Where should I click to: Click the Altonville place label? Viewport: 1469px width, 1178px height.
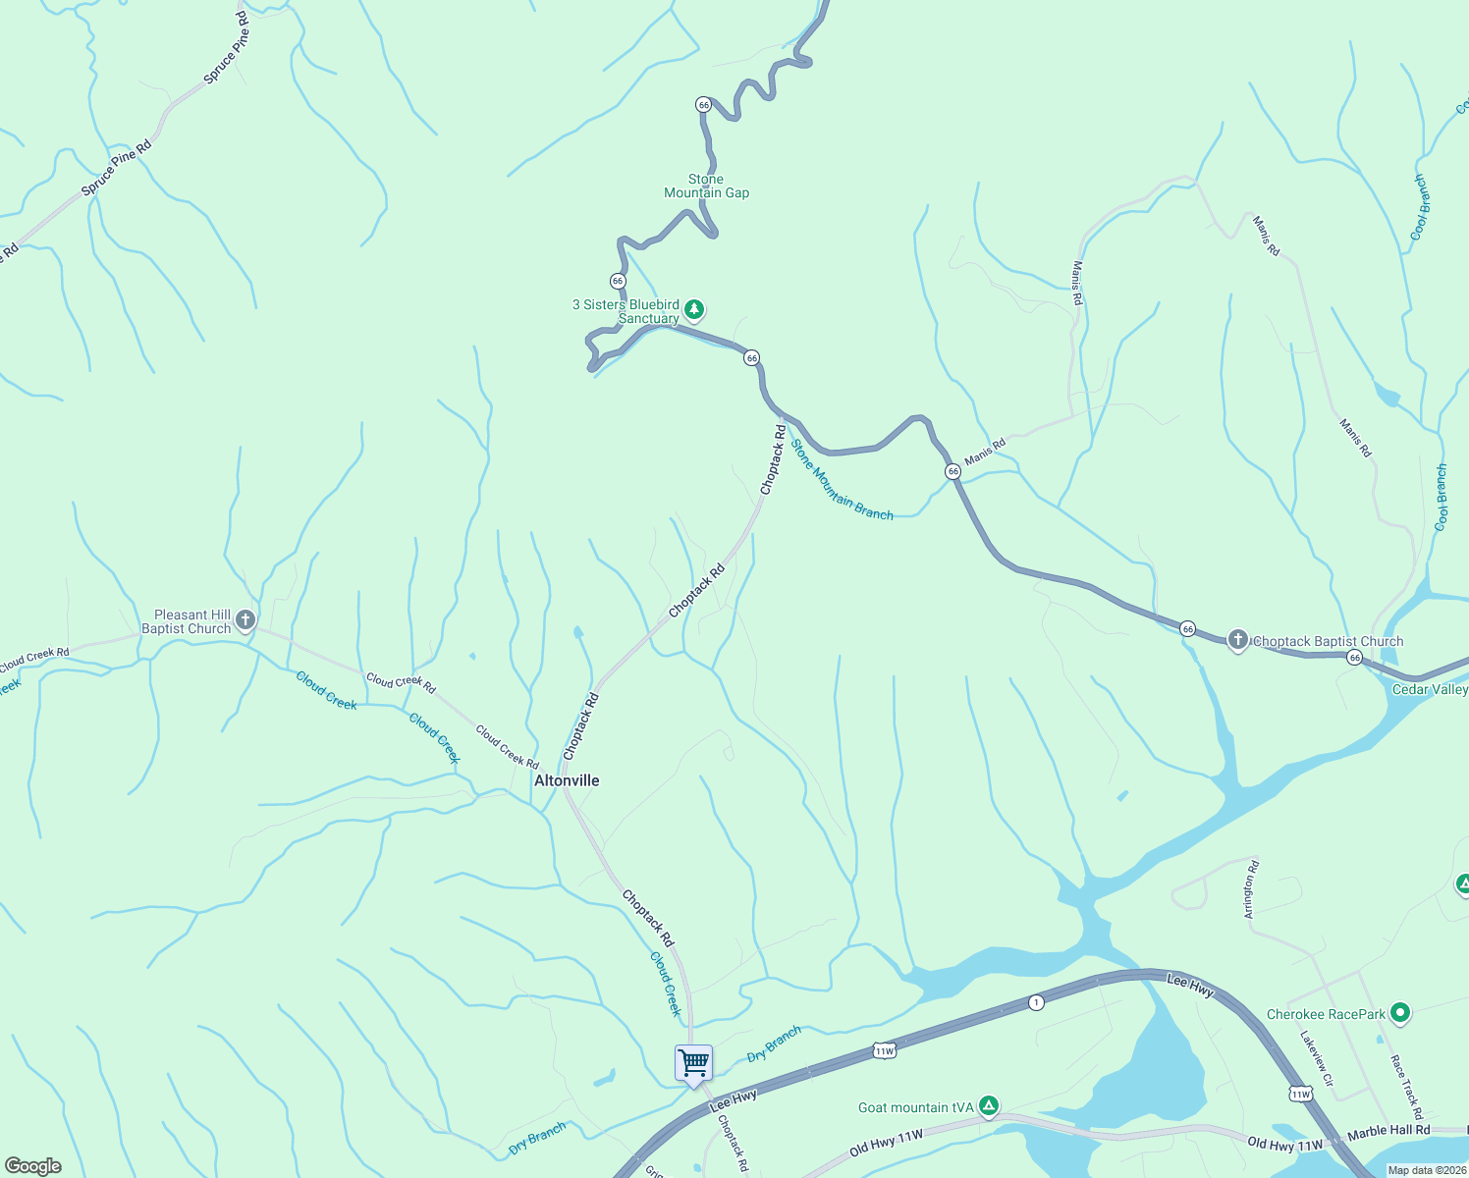tap(567, 780)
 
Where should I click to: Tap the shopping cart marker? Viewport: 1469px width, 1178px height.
tap(693, 1063)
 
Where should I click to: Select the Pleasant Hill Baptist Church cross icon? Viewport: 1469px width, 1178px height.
tap(246, 619)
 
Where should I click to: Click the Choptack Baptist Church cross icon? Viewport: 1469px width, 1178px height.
tap(1238, 640)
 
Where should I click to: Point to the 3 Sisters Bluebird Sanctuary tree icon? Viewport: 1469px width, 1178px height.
tap(694, 310)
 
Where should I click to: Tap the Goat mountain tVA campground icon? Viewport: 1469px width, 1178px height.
tap(989, 1106)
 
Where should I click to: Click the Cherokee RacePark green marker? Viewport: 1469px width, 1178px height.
tap(1401, 1013)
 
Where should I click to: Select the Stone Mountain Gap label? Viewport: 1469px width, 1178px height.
tap(706, 186)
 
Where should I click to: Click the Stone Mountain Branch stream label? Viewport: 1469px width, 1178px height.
tap(842, 480)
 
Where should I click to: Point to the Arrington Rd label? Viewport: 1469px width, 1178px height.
tap(1250, 889)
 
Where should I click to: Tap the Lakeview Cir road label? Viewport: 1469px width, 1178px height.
tap(1317, 1058)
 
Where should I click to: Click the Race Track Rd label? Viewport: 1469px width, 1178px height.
tap(1406, 1087)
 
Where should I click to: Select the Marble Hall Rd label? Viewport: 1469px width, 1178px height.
tap(1387, 1131)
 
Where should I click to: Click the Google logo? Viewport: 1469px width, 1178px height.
tap(33, 1166)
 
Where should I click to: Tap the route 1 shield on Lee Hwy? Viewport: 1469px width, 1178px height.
tap(1035, 1002)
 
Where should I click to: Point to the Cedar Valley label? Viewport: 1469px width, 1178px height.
tap(1430, 689)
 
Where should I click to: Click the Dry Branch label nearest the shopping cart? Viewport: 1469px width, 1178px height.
tap(774, 1044)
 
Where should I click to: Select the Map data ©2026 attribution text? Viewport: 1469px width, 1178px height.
tap(1427, 1170)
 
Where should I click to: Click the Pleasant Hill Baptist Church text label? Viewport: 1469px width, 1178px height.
tap(187, 621)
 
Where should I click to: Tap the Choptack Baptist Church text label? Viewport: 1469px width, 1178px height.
tap(1328, 641)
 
